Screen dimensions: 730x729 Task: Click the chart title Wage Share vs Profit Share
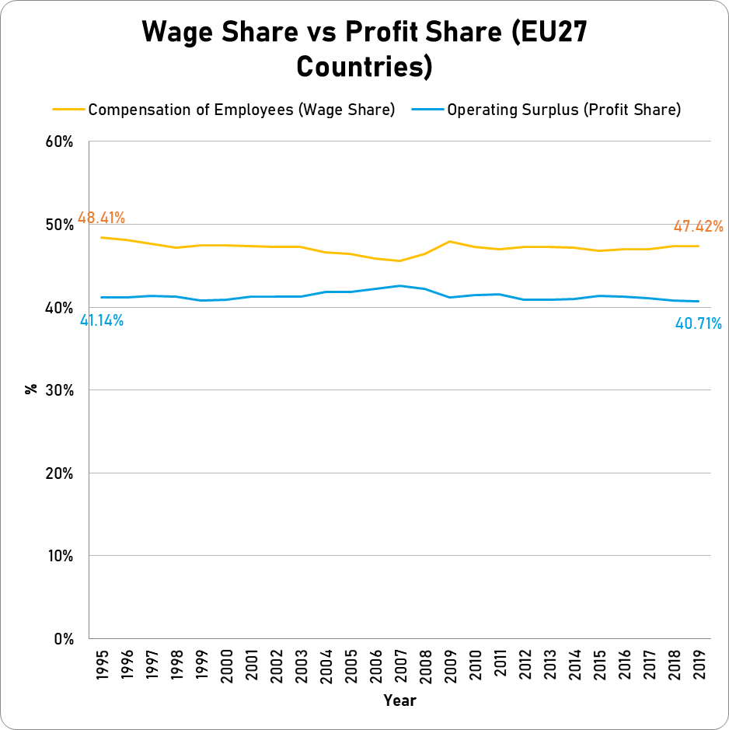coord(364,49)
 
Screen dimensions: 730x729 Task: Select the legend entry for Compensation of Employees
coord(241,110)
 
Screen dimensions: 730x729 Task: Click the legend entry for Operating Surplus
coord(563,110)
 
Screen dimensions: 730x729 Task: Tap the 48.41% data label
coord(101,218)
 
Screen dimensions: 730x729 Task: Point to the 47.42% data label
coord(698,227)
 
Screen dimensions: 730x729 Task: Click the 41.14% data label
coord(101,320)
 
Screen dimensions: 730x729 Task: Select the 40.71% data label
coord(698,323)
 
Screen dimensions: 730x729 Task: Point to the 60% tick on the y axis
coord(60,142)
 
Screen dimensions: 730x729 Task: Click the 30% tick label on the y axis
coord(60,390)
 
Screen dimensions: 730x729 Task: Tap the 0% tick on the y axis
coord(64,639)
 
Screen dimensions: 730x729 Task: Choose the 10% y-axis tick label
coord(60,556)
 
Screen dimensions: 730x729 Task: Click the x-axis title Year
coord(399,700)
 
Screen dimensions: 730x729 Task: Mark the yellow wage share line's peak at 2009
coord(450,241)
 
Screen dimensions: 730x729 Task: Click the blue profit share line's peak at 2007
coord(400,285)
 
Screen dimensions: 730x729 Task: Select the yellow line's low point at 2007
coord(400,261)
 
